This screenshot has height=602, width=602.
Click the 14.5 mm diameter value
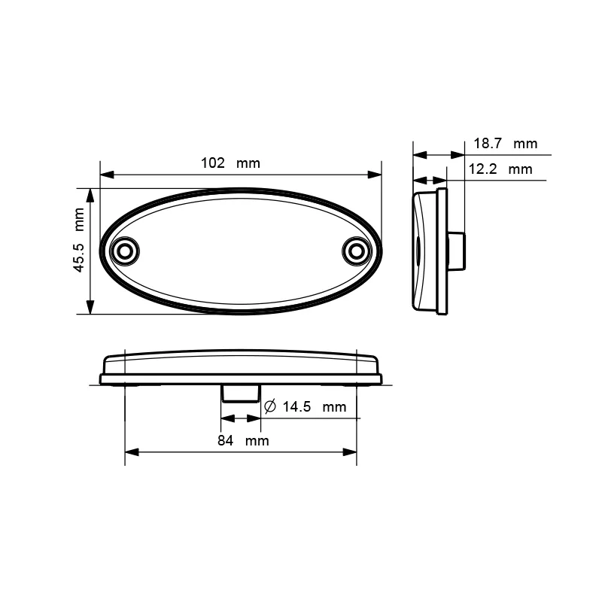314,407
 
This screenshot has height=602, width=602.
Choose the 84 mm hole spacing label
242,440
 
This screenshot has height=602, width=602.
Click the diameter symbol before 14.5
270,407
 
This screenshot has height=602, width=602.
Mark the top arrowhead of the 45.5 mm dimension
90,195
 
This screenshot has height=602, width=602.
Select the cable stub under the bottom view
240,393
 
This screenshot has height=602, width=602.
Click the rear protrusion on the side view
456,251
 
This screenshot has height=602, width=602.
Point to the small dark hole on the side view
415,246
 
